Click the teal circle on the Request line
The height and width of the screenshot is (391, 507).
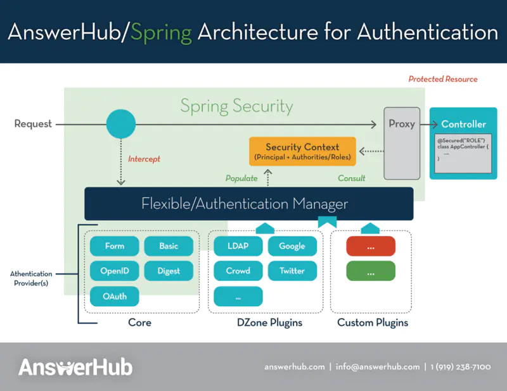[121, 124]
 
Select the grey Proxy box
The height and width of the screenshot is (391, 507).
[402, 142]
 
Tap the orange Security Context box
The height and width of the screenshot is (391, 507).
[302, 151]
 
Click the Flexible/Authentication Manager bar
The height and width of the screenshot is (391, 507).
[248, 204]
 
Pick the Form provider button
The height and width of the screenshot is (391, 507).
[115, 246]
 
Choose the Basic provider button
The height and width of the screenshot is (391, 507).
[169, 246]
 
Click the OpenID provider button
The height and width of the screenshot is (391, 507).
[115, 271]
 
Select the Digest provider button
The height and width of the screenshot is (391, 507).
[169, 271]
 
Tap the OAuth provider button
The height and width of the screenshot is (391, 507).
[115, 296]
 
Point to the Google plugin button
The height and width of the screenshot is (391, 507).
[292, 246]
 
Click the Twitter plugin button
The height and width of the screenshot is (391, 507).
[292, 271]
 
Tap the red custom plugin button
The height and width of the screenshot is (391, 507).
[371, 246]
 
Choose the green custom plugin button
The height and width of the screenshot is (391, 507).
[371, 271]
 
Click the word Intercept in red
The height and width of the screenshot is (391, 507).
[144, 159]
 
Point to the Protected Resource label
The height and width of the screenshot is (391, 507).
[443, 79]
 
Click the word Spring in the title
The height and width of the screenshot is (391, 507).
[161, 32]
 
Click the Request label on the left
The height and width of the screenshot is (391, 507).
[33, 124]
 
